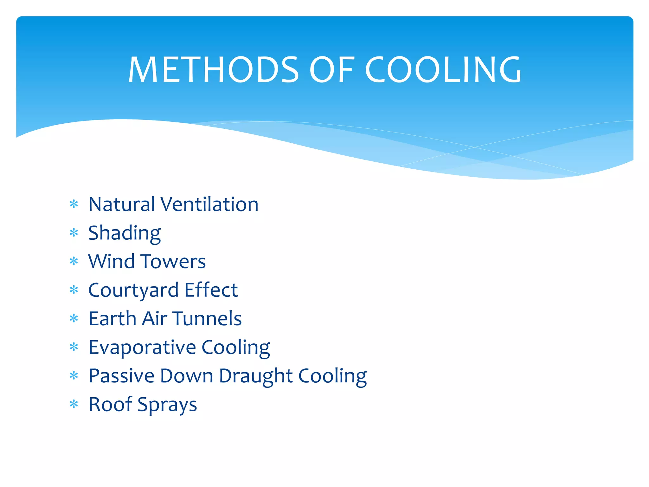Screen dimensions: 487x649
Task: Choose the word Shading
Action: (125, 233)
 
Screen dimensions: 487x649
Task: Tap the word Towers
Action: (173, 261)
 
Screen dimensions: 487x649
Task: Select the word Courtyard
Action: (133, 290)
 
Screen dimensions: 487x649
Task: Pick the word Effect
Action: (211, 290)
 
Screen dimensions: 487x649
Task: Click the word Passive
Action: (121, 376)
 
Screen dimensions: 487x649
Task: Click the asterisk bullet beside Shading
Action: (74, 233)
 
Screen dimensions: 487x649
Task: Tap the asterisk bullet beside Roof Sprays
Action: (74, 404)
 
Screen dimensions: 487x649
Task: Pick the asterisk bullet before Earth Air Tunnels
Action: (74, 318)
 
